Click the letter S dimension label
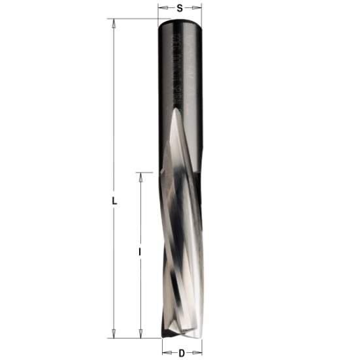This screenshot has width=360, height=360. (x=179, y=8)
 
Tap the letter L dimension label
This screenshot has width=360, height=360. (x=115, y=203)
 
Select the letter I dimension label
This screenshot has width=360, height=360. (x=140, y=251)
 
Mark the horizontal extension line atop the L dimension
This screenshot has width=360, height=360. (x=131, y=20)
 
